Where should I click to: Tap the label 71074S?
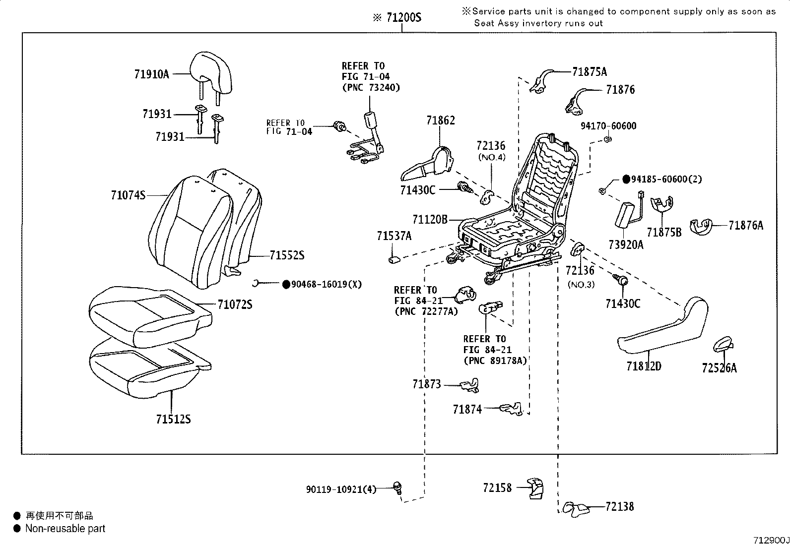(x=128, y=195)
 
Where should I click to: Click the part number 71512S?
(x=173, y=420)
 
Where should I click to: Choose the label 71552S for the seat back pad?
(x=287, y=256)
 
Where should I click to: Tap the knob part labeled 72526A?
(x=723, y=343)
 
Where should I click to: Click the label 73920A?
(x=626, y=244)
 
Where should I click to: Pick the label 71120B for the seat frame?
(x=430, y=219)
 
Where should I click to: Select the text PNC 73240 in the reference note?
(x=371, y=87)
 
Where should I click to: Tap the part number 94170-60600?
(x=608, y=126)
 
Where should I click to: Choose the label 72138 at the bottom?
(x=620, y=506)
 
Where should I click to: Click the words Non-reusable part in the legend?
(x=65, y=529)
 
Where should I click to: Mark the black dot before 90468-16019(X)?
(x=286, y=284)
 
